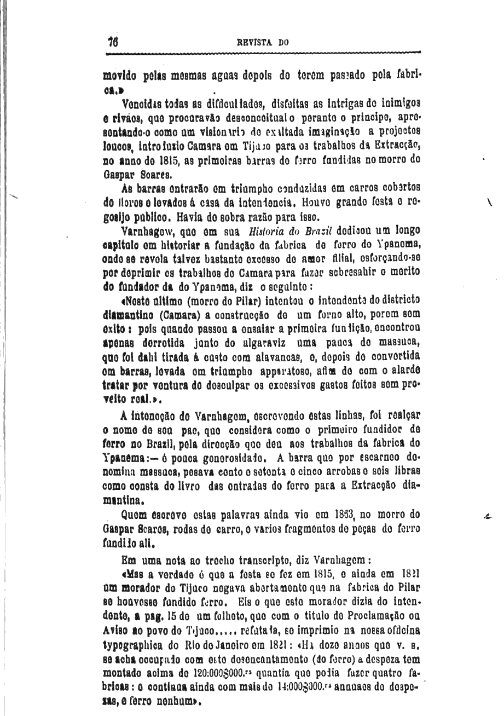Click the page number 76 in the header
pos(114,42)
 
